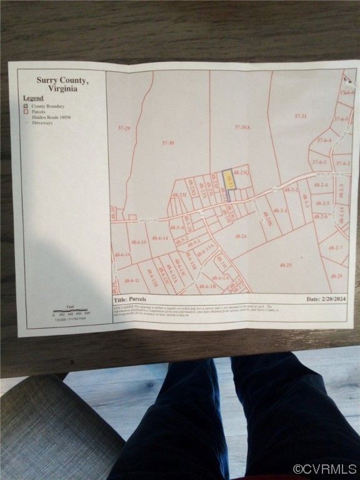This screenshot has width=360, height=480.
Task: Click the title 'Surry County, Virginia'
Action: point(62,84)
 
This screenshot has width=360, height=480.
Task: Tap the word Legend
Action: point(33,98)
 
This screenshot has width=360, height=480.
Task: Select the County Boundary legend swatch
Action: point(26,106)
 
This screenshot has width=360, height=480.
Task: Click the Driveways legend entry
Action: point(42,122)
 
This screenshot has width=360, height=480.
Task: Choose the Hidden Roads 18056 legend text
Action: point(51,117)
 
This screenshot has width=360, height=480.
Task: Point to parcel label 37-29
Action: point(123,128)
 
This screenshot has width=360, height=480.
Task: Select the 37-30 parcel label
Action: point(167,143)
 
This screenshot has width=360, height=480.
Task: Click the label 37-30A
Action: point(242,127)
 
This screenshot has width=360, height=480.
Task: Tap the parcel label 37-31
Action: point(301,116)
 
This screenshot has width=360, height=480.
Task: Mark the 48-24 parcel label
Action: point(241,236)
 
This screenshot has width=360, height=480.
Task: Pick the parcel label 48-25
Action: point(286,265)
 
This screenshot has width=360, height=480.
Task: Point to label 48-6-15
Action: point(138,242)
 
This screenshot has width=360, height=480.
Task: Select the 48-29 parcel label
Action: point(336,276)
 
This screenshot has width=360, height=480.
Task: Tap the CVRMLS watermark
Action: point(324,469)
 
